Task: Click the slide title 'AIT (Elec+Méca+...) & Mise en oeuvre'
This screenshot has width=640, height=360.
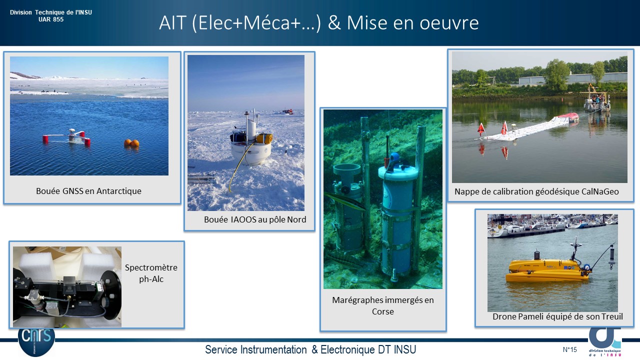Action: pos(319,23)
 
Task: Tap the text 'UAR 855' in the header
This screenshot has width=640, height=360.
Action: pos(51,19)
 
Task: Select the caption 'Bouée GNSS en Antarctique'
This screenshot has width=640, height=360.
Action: pos(88,191)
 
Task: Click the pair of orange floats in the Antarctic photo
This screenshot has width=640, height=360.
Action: pos(131,143)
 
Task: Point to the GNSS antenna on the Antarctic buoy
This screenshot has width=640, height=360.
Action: pos(72,131)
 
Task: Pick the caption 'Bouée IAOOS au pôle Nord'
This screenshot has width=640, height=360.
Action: pos(255,219)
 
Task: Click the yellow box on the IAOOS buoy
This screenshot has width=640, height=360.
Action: pos(264,138)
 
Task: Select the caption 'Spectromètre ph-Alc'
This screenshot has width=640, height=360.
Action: pos(151,273)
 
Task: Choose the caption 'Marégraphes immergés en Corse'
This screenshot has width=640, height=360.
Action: pos(383,305)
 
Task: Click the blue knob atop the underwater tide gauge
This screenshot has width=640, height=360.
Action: pos(395,157)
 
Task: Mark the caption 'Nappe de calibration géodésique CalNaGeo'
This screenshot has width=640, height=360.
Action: pos(536,191)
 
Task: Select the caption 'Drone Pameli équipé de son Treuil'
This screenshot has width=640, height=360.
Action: pos(557,316)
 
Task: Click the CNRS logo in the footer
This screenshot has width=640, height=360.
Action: pos(36,341)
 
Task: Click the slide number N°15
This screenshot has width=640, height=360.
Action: pos(569,349)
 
